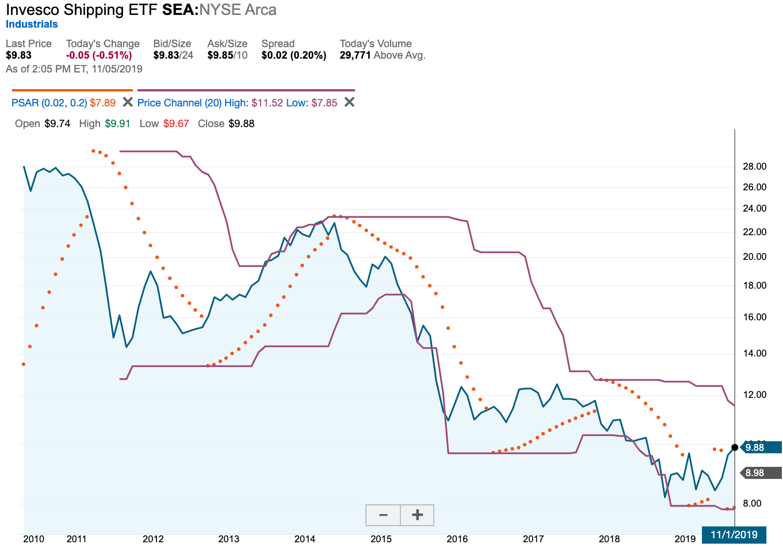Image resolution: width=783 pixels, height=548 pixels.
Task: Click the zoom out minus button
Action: click(x=383, y=515)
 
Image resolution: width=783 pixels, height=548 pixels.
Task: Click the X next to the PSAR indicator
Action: click(x=128, y=102)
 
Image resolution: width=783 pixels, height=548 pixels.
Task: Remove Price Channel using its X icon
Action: click(x=349, y=102)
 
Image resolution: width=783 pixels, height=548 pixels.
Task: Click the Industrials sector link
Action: click(x=32, y=24)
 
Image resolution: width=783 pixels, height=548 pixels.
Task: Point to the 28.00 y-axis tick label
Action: click(x=754, y=166)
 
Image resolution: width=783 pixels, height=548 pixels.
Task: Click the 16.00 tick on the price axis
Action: click(x=754, y=317)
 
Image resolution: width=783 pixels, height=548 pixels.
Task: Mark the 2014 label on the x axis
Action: click(x=305, y=539)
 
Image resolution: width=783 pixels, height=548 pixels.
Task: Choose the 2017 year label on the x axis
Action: click(x=533, y=539)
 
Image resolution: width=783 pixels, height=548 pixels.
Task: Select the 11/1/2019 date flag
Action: click(x=734, y=535)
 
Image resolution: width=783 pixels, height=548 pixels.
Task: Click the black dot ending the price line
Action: click(x=735, y=447)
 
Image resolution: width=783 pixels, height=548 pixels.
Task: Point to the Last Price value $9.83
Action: click(x=19, y=55)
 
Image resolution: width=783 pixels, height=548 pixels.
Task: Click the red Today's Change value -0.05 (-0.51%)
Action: click(x=99, y=55)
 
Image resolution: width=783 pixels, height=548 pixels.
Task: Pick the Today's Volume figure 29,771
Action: click(x=355, y=55)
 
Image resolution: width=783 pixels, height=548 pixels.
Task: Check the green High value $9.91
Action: click(x=117, y=124)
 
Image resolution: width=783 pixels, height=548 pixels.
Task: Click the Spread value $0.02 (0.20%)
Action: click(x=293, y=55)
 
